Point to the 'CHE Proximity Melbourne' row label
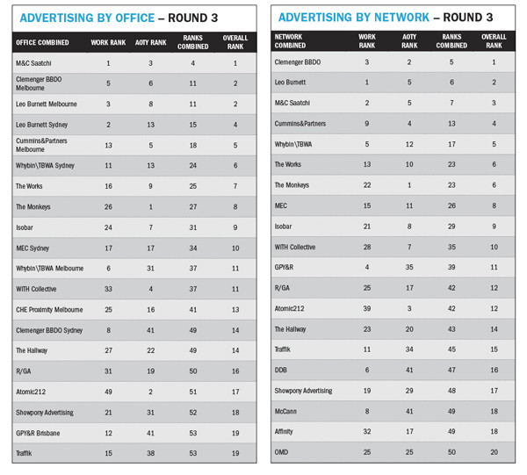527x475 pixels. (x=50, y=309)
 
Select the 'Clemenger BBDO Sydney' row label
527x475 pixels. (x=48, y=330)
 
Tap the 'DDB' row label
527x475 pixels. (x=282, y=370)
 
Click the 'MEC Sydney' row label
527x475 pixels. (x=33, y=248)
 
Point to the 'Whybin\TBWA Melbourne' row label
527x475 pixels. (x=50, y=268)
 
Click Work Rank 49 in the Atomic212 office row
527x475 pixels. (x=108, y=392)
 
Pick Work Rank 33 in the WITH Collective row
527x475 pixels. (x=108, y=289)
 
